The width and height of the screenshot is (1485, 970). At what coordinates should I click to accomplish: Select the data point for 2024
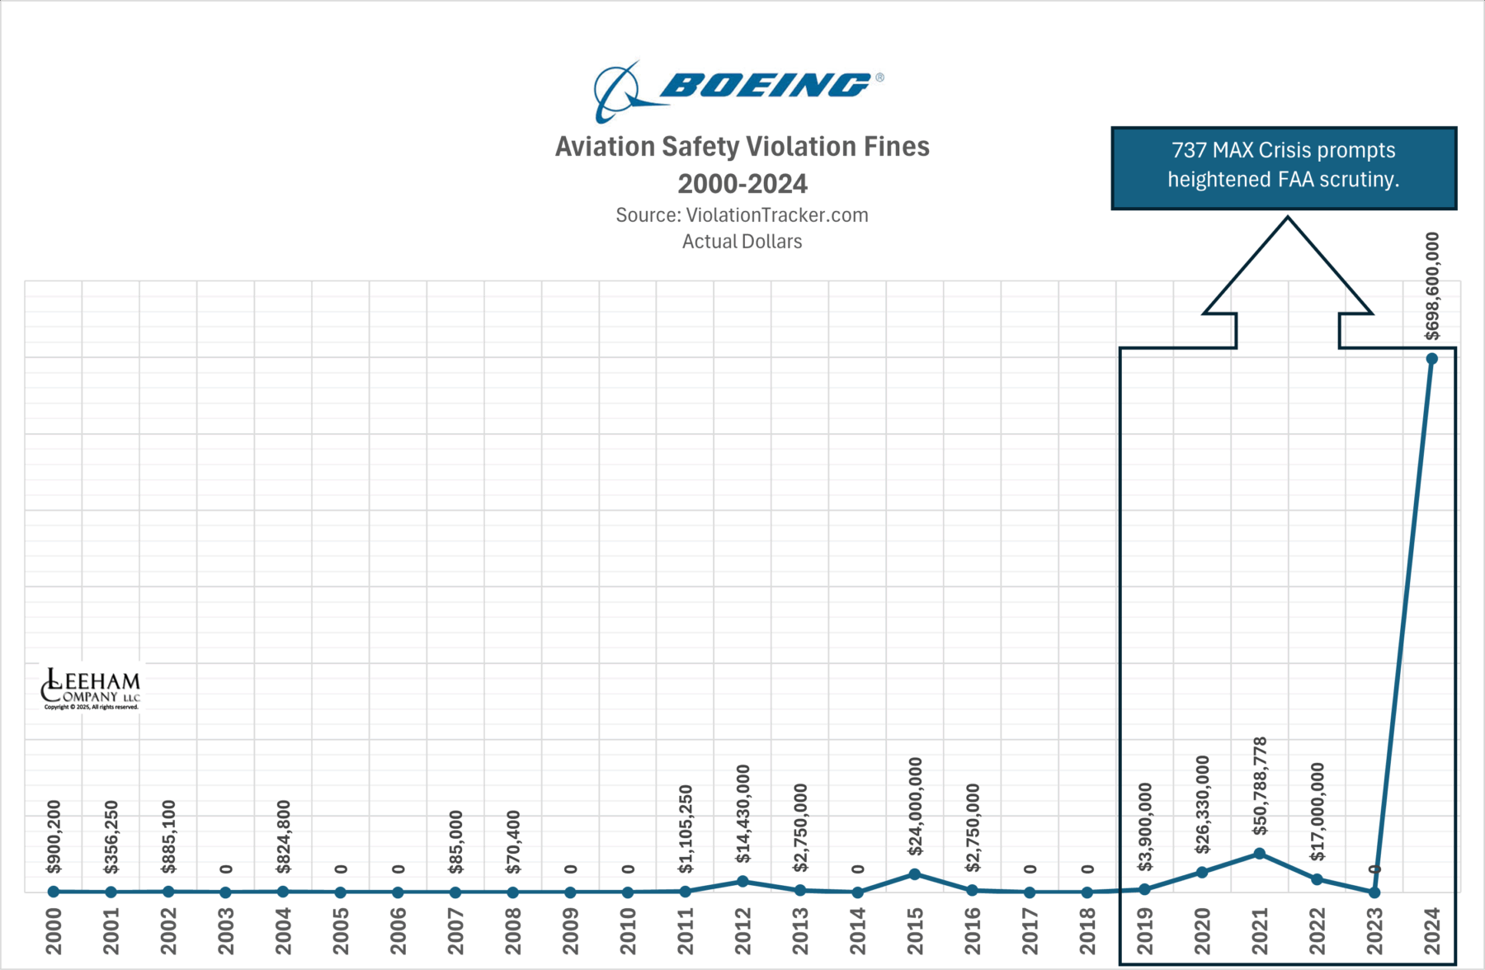[1432, 359]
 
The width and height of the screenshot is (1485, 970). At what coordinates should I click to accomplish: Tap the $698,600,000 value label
[1433, 286]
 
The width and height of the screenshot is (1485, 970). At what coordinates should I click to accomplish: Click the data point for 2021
[1260, 854]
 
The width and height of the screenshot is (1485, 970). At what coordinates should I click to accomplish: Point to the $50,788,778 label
[1260, 786]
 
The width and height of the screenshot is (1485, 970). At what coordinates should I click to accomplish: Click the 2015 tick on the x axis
[915, 930]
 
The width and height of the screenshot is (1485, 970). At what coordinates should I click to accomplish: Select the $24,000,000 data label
[915, 806]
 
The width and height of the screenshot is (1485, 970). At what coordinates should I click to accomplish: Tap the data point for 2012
[742, 881]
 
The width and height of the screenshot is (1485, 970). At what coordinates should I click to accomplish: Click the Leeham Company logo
[91, 689]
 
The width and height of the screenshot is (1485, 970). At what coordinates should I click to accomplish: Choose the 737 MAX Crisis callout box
[1284, 167]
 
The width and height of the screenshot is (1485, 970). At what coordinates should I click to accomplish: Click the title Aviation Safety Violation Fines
[742, 147]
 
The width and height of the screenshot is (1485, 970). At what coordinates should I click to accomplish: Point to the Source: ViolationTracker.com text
[742, 215]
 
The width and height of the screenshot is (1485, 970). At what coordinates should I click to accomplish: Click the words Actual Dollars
[742, 242]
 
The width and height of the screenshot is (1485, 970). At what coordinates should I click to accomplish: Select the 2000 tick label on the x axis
[54, 930]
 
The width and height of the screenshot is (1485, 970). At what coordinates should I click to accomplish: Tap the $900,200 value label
[54, 836]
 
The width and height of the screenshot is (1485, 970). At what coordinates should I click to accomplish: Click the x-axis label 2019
[1145, 930]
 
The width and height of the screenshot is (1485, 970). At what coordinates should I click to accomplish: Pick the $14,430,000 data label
[742, 813]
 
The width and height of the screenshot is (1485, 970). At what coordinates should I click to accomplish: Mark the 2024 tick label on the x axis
[1432, 930]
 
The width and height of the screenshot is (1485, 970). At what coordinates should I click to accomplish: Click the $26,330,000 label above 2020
[1203, 804]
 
